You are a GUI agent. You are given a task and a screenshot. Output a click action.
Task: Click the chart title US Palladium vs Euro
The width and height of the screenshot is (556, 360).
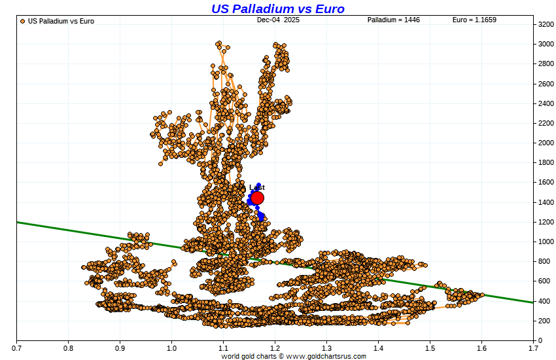[277, 9]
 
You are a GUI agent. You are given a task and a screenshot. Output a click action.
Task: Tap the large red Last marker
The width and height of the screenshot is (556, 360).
[257, 198]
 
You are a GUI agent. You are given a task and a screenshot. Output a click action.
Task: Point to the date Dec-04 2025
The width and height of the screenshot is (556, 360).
[278, 20]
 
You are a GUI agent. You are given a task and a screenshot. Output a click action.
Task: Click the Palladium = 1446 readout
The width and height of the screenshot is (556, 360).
[393, 20]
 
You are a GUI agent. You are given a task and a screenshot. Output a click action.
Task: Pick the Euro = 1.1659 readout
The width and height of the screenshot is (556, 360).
[474, 20]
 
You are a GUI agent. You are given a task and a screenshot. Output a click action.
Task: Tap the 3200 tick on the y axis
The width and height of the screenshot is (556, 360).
[546, 25]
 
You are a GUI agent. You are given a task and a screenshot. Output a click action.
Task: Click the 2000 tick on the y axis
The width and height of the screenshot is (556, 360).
[546, 143]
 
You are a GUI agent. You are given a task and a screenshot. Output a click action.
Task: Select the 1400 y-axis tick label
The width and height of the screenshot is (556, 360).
[546, 202]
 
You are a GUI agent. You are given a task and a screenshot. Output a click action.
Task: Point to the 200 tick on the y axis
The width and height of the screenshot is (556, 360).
[545, 321]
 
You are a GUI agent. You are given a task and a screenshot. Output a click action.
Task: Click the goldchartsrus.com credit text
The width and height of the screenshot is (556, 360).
[293, 357]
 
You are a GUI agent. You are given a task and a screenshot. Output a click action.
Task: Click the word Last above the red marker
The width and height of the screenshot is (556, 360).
[257, 187]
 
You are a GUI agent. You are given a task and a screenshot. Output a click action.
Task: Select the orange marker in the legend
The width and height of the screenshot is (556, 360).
[23, 21]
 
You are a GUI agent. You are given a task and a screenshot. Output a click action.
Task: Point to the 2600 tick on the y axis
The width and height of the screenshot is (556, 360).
[546, 84]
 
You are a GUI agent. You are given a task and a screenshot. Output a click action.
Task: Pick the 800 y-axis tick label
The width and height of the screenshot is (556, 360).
[545, 261]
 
